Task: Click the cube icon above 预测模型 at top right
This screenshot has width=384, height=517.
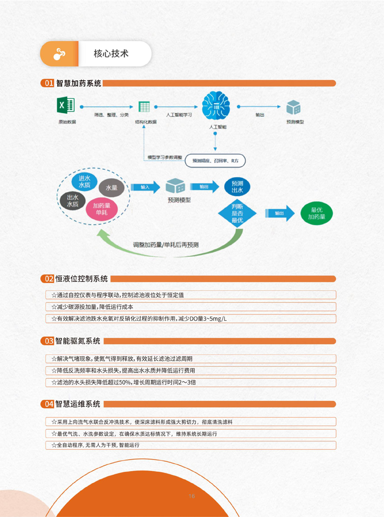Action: tap(293, 107)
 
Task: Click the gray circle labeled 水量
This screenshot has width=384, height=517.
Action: tap(111, 188)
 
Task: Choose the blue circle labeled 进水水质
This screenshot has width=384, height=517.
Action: tap(84, 181)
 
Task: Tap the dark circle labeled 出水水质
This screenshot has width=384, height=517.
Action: tap(73, 200)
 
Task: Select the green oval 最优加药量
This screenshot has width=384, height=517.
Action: tap(316, 213)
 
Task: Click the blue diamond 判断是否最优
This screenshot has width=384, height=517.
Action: tap(237, 213)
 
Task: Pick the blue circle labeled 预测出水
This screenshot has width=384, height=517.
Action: tap(237, 187)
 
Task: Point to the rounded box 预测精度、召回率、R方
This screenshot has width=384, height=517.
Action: tap(215, 160)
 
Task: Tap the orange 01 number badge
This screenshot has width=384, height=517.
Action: tap(48, 83)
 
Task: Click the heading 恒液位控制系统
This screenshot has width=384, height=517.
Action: tap(82, 278)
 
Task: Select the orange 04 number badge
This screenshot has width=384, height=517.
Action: tap(48, 404)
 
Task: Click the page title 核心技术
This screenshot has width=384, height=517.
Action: tap(111, 53)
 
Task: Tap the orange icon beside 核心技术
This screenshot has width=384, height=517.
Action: tap(59, 54)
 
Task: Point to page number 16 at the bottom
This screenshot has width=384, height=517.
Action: tap(192, 495)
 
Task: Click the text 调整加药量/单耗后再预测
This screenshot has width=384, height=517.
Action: tap(166, 245)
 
